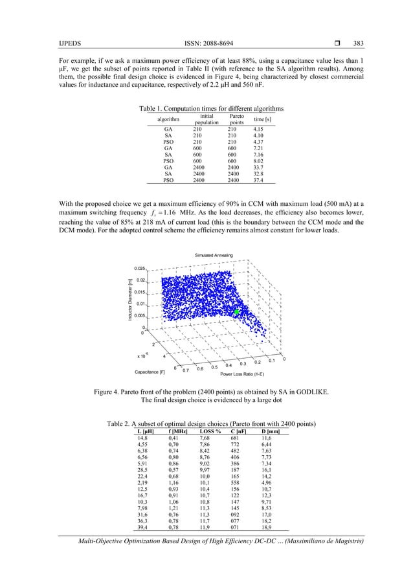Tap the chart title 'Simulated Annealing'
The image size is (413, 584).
pos(214,256)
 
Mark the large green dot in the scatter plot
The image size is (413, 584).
pos(238,312)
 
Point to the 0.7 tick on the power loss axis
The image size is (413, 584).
pos(186,370)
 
